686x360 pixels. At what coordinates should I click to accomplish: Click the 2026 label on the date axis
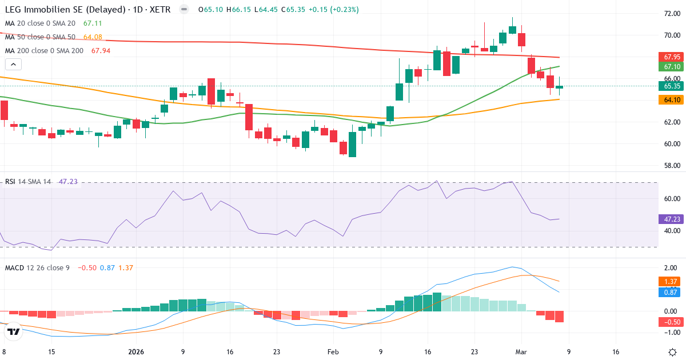coord(136,352)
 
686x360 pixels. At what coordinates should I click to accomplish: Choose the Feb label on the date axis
coord(333,352)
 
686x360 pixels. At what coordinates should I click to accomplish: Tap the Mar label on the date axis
coord(521,352)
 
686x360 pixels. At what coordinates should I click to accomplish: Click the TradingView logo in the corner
coord(14,331)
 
